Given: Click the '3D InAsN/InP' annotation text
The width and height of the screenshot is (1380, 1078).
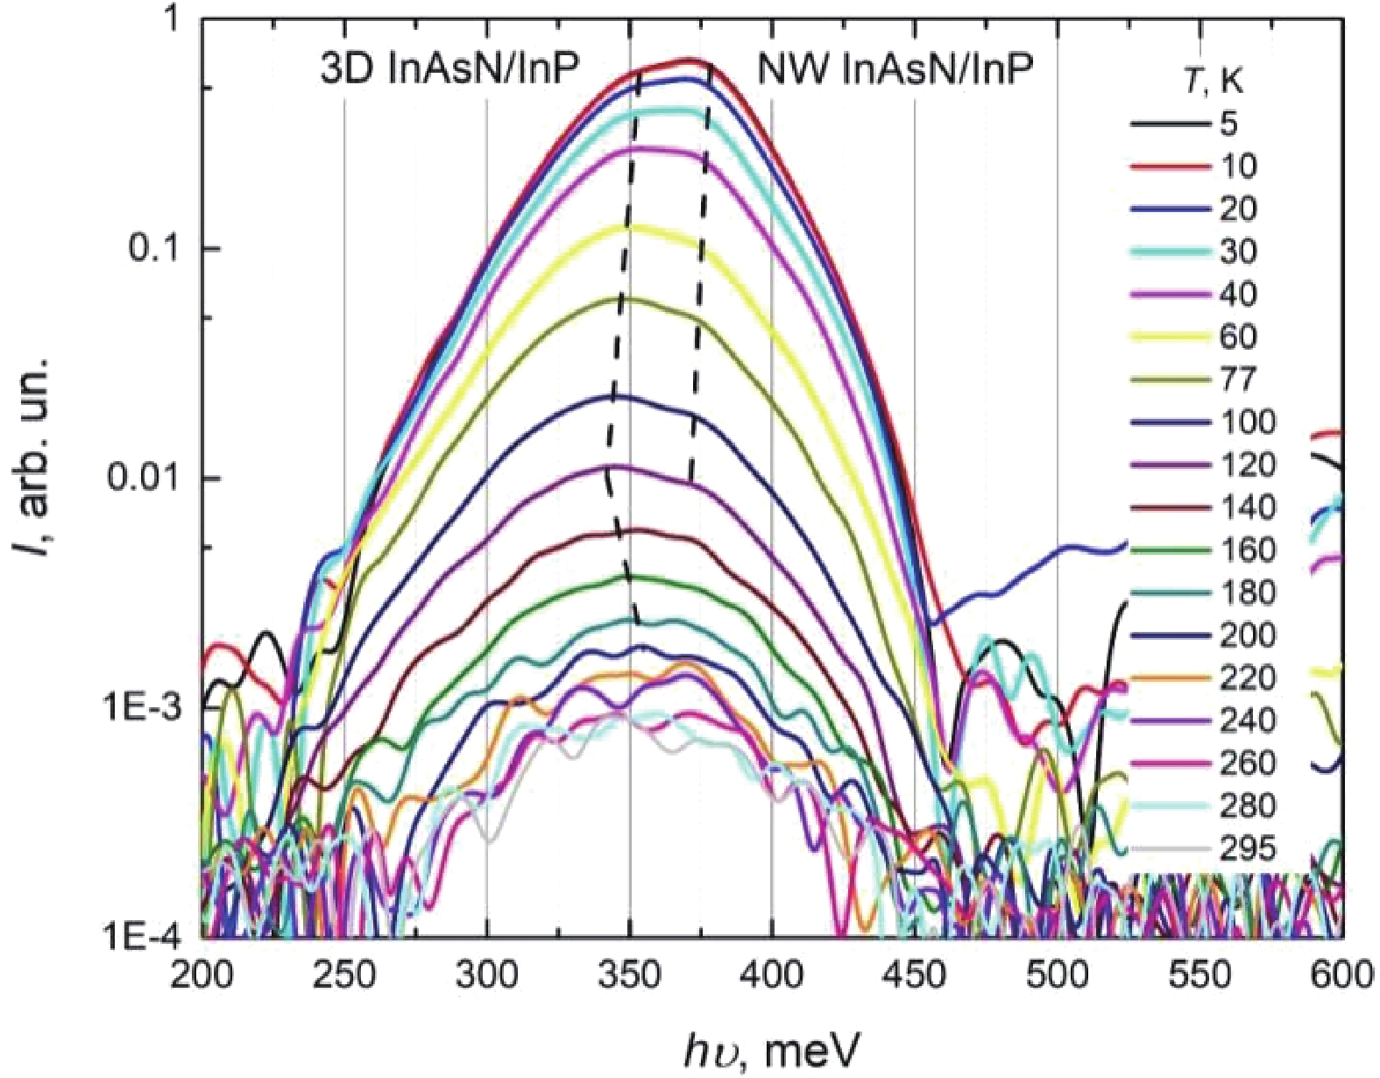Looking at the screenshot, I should click(x=449, y=69).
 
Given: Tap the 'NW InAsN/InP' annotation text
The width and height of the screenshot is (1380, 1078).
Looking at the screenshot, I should click(x=894, y=69).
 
